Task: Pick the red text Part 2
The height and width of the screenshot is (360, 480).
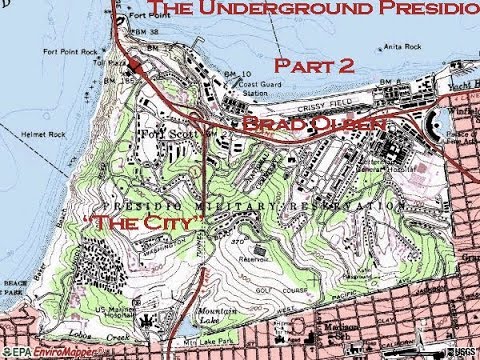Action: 315,66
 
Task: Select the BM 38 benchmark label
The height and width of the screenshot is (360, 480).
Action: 144,32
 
